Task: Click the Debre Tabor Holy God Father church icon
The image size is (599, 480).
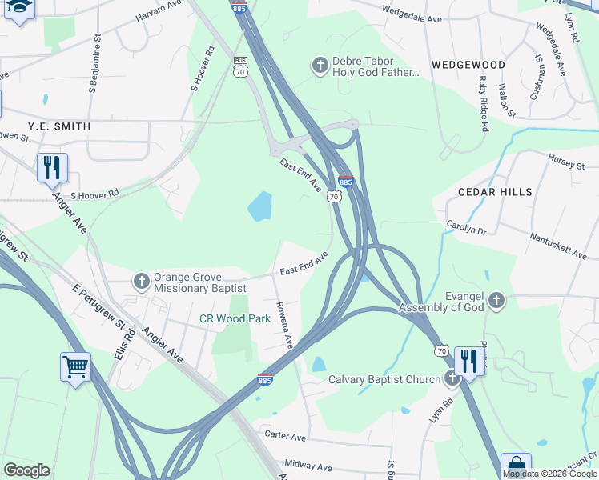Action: tap(320, 66)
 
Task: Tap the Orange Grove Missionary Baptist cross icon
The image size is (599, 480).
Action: tap(141, 281)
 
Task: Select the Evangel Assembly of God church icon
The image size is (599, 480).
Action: tap(496, 301)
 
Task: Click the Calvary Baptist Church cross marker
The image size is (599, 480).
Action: tap(453, 378)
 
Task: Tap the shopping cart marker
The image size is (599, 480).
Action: tap(75, 368)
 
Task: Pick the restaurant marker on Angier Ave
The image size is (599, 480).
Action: tap(52, 168)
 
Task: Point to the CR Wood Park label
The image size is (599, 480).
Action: tap(235, 318)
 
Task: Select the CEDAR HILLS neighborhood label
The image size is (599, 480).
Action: tap(494, 192)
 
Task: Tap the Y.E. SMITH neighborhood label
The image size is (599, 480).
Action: tap(59, 126)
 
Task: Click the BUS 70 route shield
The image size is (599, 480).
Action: tap(240, 66)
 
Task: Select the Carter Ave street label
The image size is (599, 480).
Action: tap(285, 438)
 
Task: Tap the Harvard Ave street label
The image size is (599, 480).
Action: tap(158, 10)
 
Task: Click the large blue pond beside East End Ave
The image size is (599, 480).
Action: tap(260, 207)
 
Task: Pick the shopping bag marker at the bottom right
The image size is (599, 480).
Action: tap(516, 466)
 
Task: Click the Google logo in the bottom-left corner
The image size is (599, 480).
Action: tap(26, 470)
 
